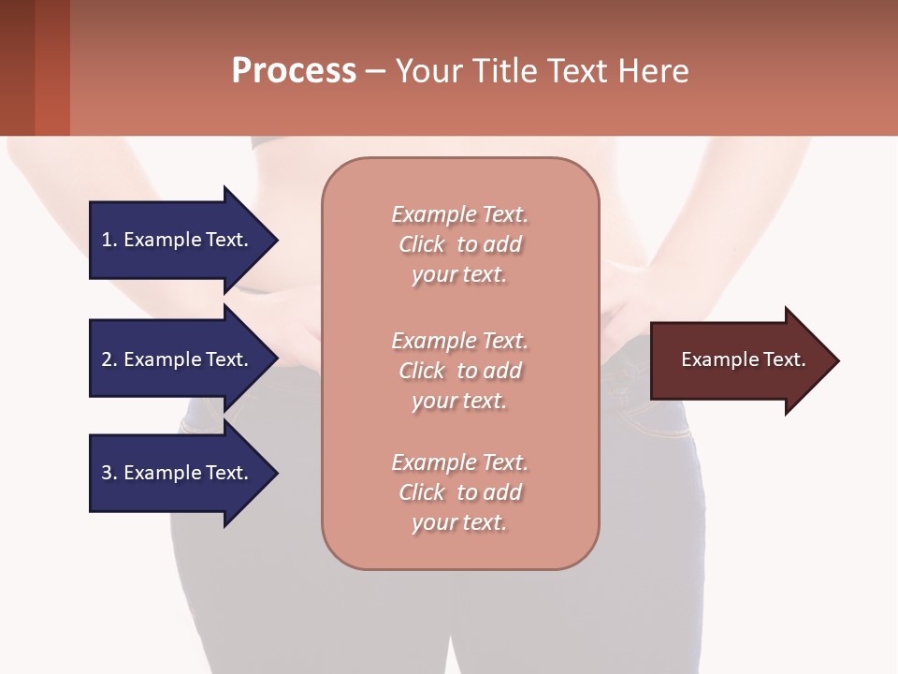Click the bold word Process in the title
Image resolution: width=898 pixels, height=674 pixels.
click(x=294, y=71)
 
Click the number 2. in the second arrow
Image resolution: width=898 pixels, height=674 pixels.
click(x=109, y=359)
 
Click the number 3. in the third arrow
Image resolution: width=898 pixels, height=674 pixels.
click(x=109, y=473)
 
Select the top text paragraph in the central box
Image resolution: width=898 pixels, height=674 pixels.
click(x=459, y=244)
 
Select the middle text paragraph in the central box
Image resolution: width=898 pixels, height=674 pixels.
click(x=459, y=371)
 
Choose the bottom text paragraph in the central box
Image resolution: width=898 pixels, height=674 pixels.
click(x=459, y=492)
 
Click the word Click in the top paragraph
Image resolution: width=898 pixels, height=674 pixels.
click(x=422, y=244)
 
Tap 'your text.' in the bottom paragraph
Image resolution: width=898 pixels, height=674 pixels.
click(x=459, y=522)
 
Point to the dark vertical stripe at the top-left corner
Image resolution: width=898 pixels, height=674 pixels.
click(x=17, y=67)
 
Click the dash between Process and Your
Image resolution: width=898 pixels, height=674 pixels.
click(x=375, y=71)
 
